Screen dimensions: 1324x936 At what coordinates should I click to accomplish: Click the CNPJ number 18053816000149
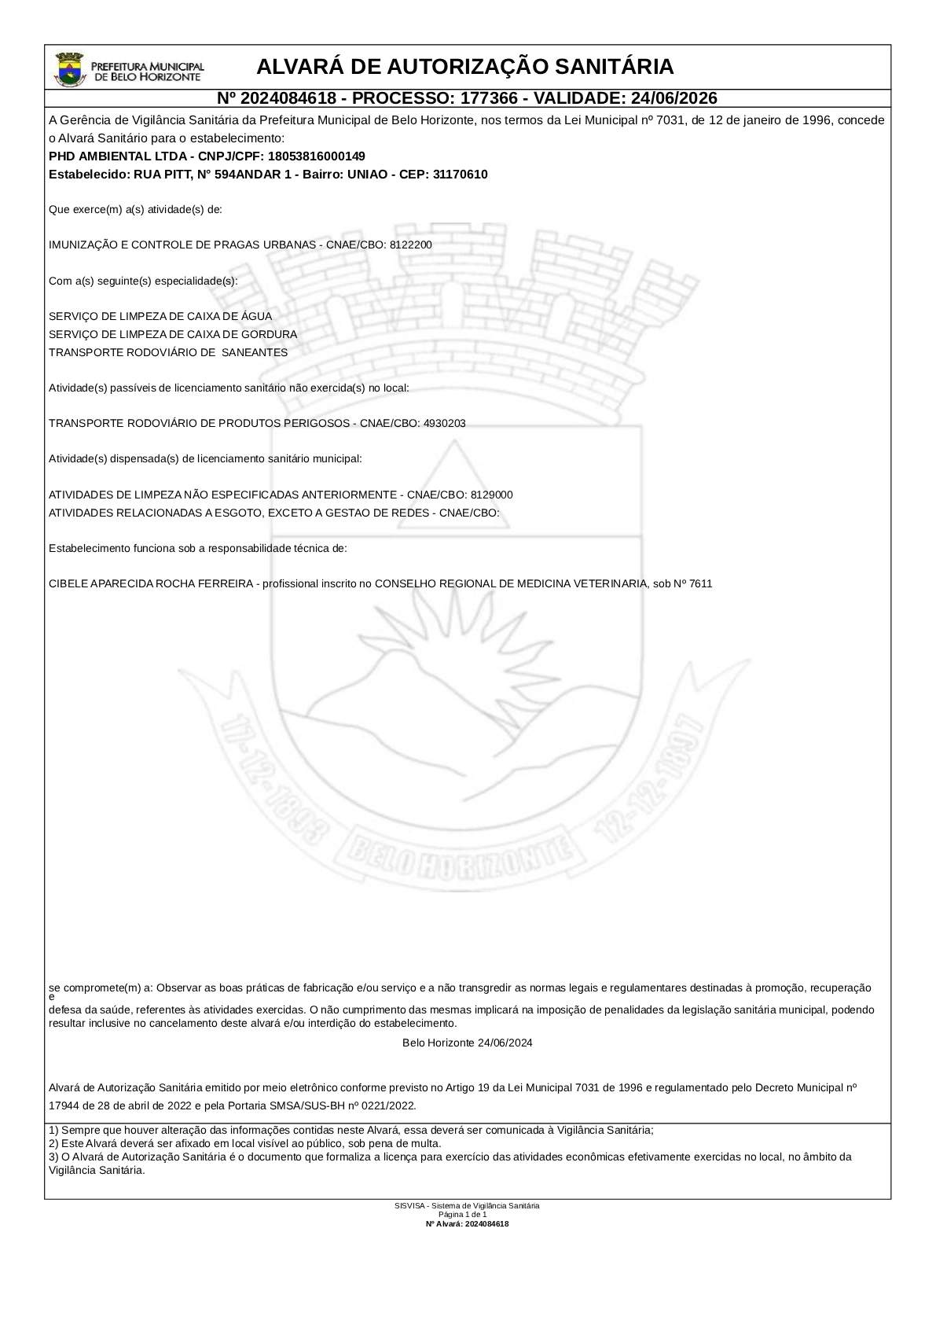coord(317,156)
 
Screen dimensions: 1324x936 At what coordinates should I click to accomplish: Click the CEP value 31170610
coord(460,175)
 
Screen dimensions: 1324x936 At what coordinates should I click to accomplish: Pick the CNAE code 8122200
coord(410,245)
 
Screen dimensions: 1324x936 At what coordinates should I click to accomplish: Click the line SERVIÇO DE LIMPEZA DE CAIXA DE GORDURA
coord(173,335)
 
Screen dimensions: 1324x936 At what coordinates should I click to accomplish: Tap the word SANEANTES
coord(255,353)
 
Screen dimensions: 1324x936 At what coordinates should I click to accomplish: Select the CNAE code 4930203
coord(444,424)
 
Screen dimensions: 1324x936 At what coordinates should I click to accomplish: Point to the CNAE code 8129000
coord(491,495)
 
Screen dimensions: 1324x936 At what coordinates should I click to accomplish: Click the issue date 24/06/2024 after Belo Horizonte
coord(505,1043)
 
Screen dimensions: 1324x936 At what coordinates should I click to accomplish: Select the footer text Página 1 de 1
coord(467,1215)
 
